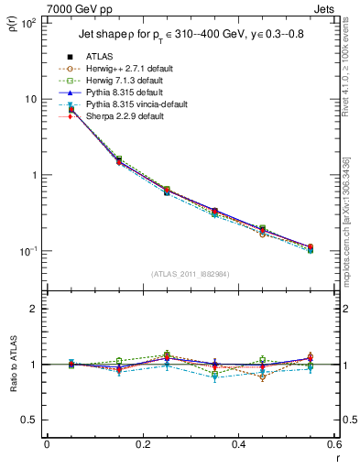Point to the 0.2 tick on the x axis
pyautogui.click(x=142, y=446)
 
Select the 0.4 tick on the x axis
pyautogui.click(x=238, y=446)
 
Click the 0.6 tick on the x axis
pyautogui.click(x=333, y=446)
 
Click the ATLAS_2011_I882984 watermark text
pyautogui.click(x=191, y=275)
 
